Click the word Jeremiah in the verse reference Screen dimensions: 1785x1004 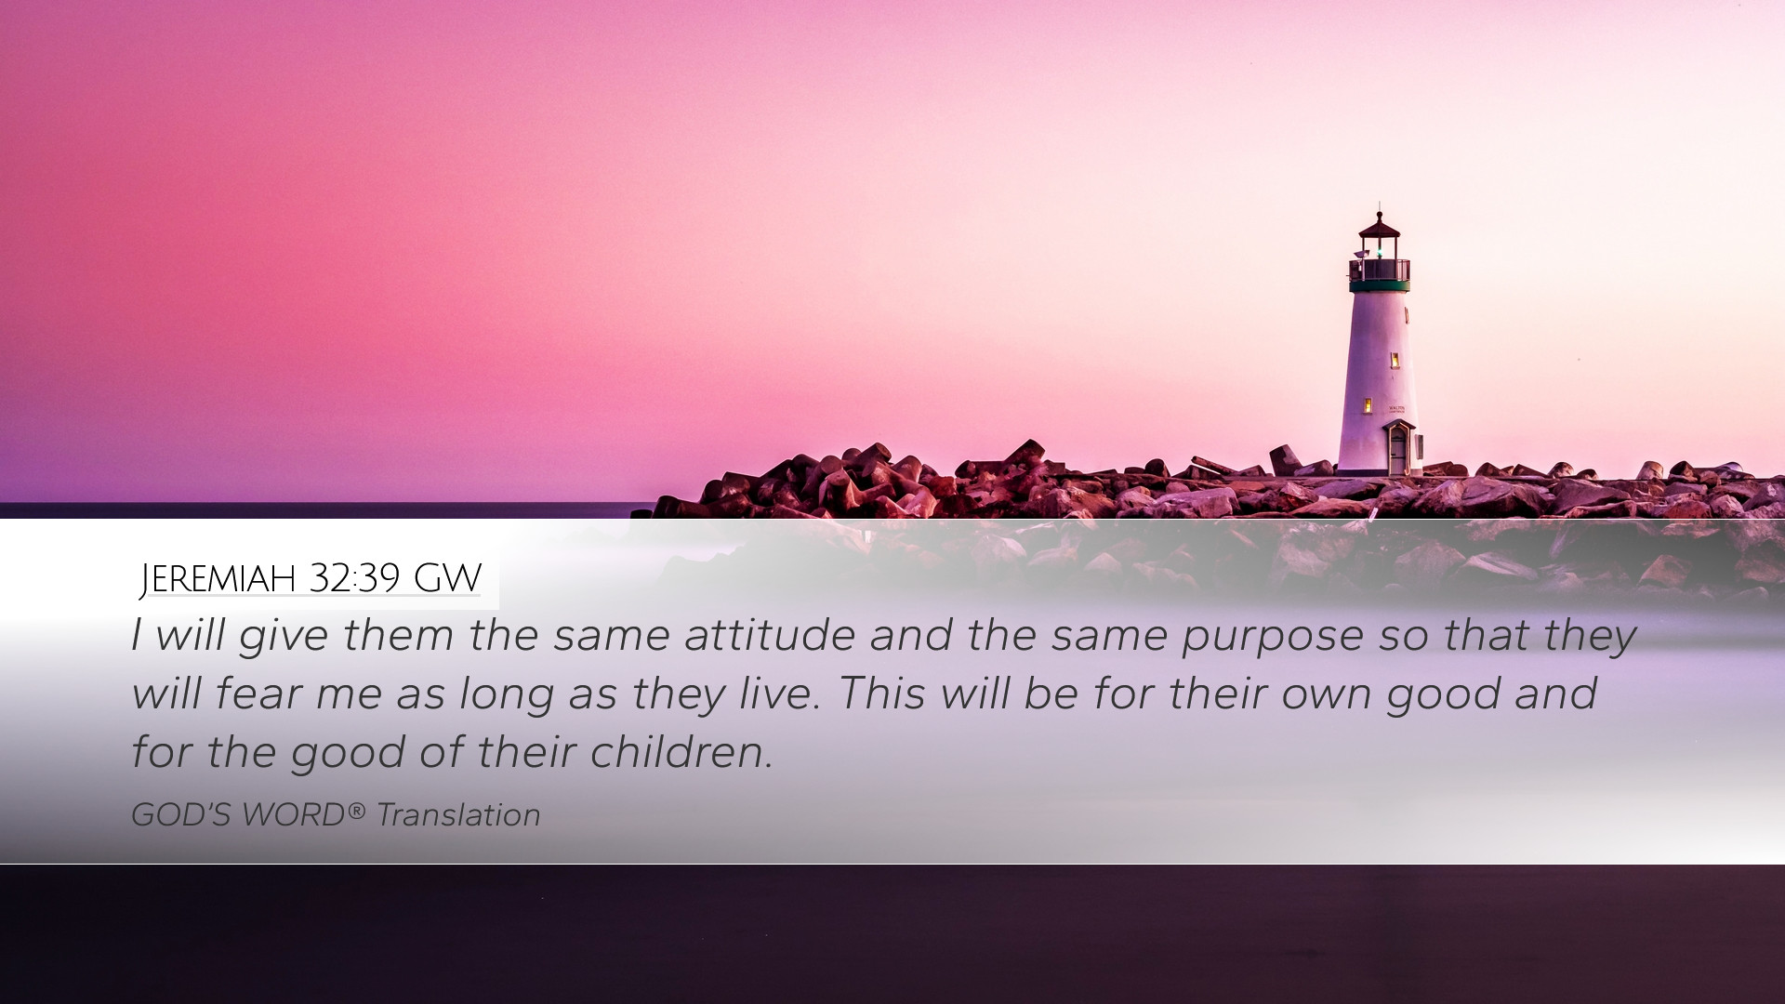coord(218,579)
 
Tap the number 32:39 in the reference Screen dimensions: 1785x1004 coord(354,578)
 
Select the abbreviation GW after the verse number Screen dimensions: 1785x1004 coord(447,578)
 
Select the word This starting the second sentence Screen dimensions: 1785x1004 coord(881,694)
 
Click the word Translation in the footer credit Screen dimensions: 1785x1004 coord(458,815)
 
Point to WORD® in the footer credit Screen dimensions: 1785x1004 coord(303,815)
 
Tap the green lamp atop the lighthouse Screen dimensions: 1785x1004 coord(1379,249)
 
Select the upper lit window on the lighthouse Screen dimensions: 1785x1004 coord(1395,360)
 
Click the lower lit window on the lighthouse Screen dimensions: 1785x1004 coord(1368,405)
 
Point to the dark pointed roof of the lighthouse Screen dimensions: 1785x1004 coord(1379,226)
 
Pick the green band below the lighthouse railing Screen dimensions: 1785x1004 coord(1380,286)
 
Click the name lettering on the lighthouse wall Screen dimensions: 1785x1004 coord(1396,409)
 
